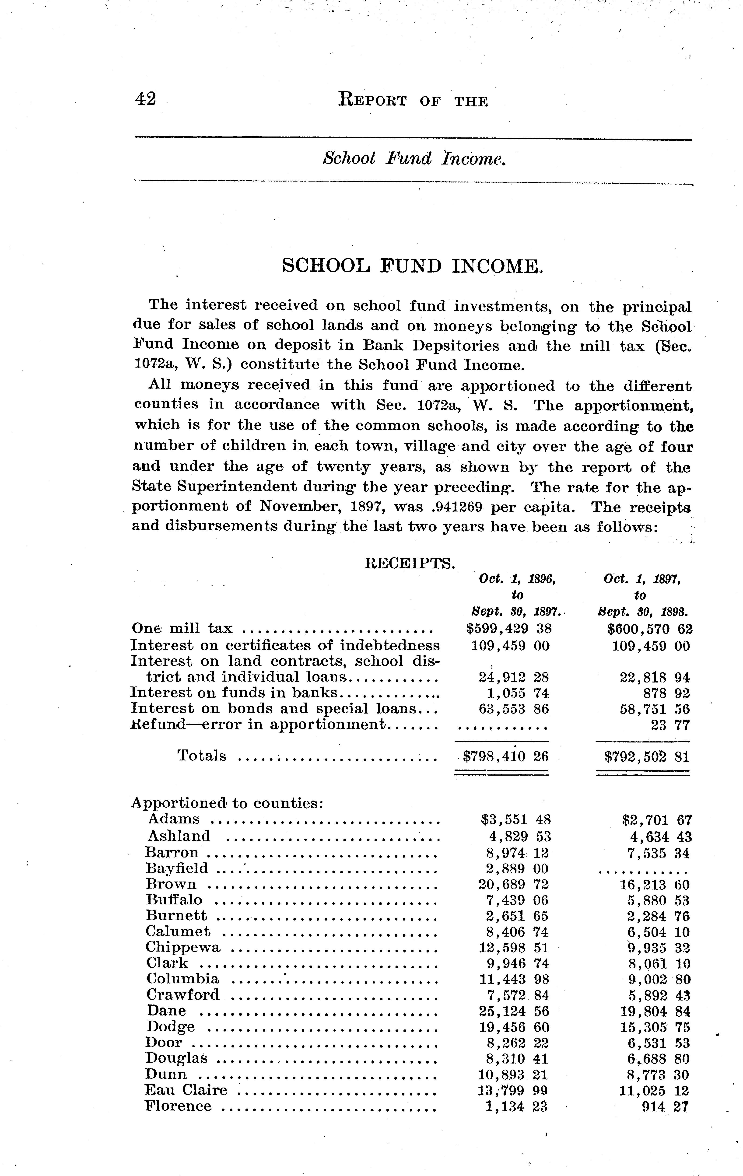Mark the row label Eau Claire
tap(186, 1090)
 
